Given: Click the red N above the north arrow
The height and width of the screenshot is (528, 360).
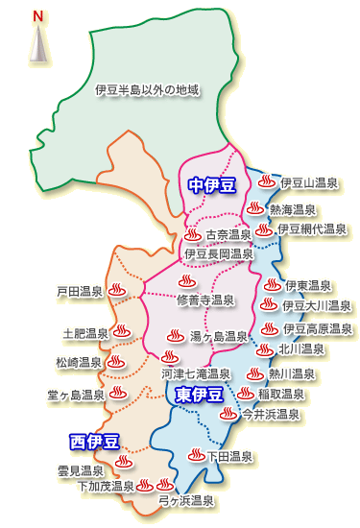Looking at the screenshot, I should click(x=37, y=16).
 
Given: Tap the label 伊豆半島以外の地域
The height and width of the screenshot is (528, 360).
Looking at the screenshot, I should click(x=147, y=90).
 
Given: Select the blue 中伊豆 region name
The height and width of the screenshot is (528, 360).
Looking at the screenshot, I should click(x=211, y=184).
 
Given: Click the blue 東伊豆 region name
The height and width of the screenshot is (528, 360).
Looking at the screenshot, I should click(x=200, y=395).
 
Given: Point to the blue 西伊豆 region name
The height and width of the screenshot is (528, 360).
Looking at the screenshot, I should click(x=94, y=442).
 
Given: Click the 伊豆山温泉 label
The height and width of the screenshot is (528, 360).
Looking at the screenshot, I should click(x=309, y=182).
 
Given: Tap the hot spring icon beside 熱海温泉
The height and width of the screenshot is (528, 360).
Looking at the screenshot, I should click(x=254, y=207).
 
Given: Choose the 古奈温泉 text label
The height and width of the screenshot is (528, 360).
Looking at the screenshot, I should click(x=228, y=234).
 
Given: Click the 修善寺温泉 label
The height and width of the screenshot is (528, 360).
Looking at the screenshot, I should click(x=205, y=300).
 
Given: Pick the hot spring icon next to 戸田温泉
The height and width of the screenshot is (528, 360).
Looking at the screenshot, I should click(x=116, y=289).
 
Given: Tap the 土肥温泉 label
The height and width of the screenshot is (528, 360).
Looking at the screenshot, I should click(x=85, y=333).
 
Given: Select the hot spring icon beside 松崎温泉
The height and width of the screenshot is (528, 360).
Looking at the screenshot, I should click(x=117, y=363).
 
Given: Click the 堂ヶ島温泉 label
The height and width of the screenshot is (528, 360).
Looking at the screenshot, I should click(x=76, y=395).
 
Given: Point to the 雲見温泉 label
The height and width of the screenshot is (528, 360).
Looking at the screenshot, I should click(x=80, y=470).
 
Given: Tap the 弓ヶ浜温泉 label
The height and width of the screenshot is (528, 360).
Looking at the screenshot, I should click(x=185, y=501).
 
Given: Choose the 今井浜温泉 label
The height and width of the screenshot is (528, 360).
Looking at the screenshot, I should click(x=270, y=415).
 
